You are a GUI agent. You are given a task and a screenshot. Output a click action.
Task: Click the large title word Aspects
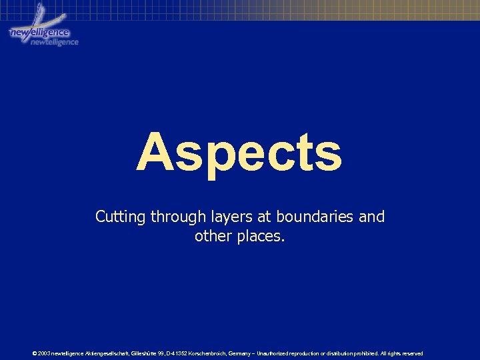[x=239, y=152]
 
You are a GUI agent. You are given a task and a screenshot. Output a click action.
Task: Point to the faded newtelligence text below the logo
[x=55, y=42]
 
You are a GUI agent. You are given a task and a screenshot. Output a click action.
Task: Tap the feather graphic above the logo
[x=39, y=13]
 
